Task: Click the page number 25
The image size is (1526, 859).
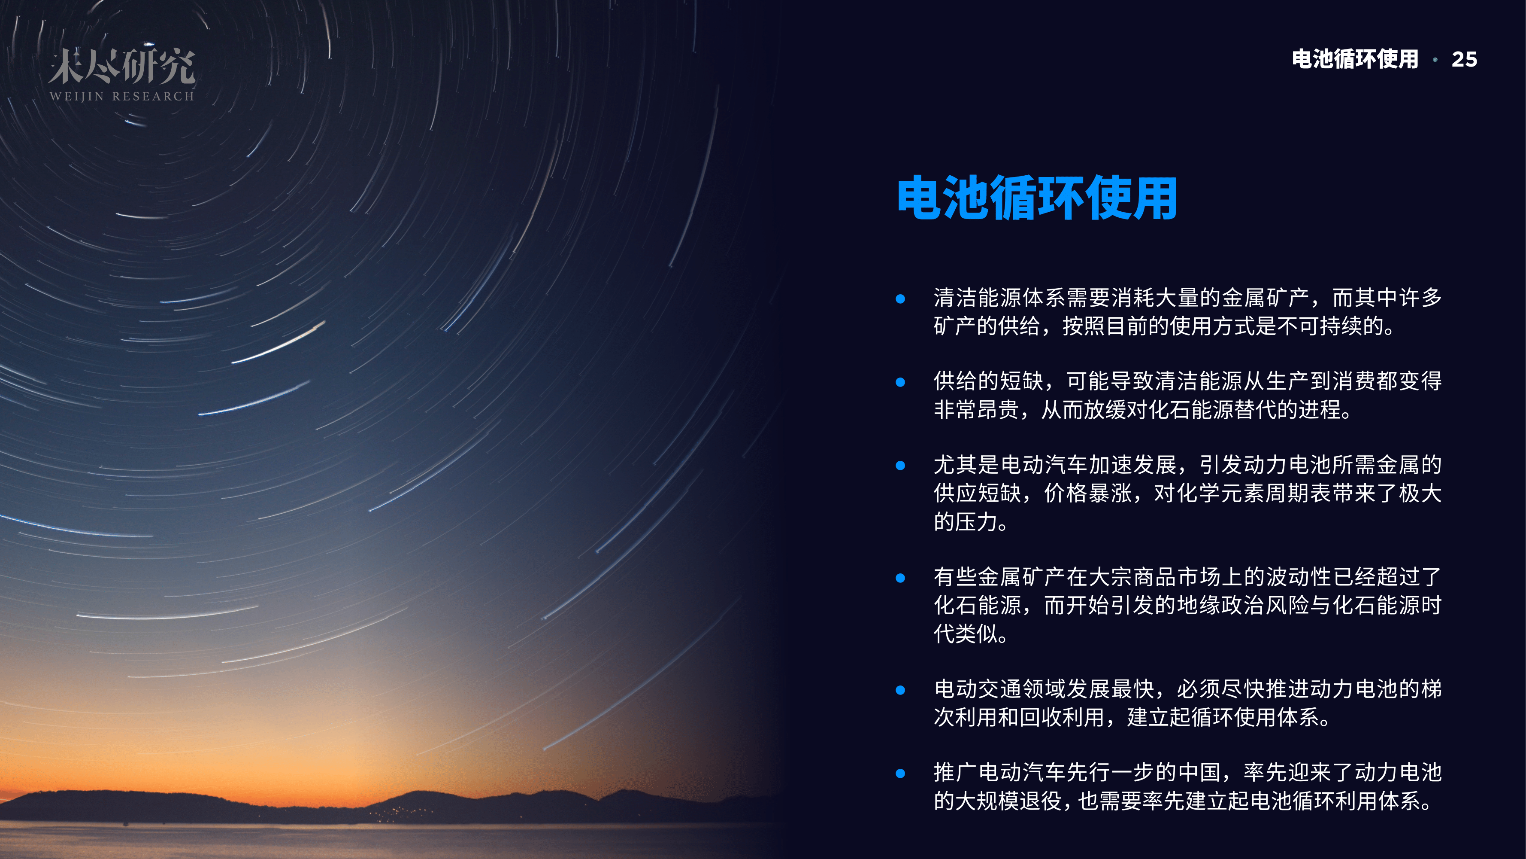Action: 1464,59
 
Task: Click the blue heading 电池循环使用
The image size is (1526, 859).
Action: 1037,198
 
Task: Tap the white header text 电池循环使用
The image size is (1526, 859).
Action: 1355,59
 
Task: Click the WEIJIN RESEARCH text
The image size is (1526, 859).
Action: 122,96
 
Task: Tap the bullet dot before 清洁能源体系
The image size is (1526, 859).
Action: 900,299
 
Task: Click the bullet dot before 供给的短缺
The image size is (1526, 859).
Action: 900,382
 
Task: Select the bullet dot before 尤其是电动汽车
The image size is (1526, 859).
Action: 900,466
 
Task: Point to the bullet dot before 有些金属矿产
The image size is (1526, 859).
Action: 900,578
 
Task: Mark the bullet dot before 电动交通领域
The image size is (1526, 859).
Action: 900,690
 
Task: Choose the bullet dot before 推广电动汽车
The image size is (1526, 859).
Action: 900,774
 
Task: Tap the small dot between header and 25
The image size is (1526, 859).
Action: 1435,60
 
